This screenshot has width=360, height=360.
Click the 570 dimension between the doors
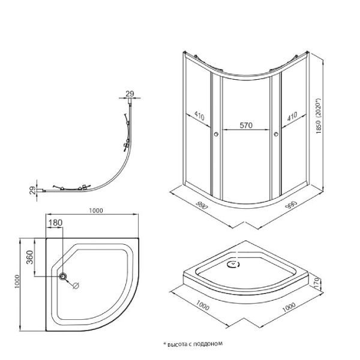point(246,126)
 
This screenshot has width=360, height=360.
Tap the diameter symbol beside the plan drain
point(76,286)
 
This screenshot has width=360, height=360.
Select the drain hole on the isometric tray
point(232,262)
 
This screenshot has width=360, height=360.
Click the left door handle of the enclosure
point(214,135)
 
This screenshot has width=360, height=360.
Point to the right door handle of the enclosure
point(277,135)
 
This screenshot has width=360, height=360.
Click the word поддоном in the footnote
point(209,344)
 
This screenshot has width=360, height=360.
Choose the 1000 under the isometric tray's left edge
point(202,307)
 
